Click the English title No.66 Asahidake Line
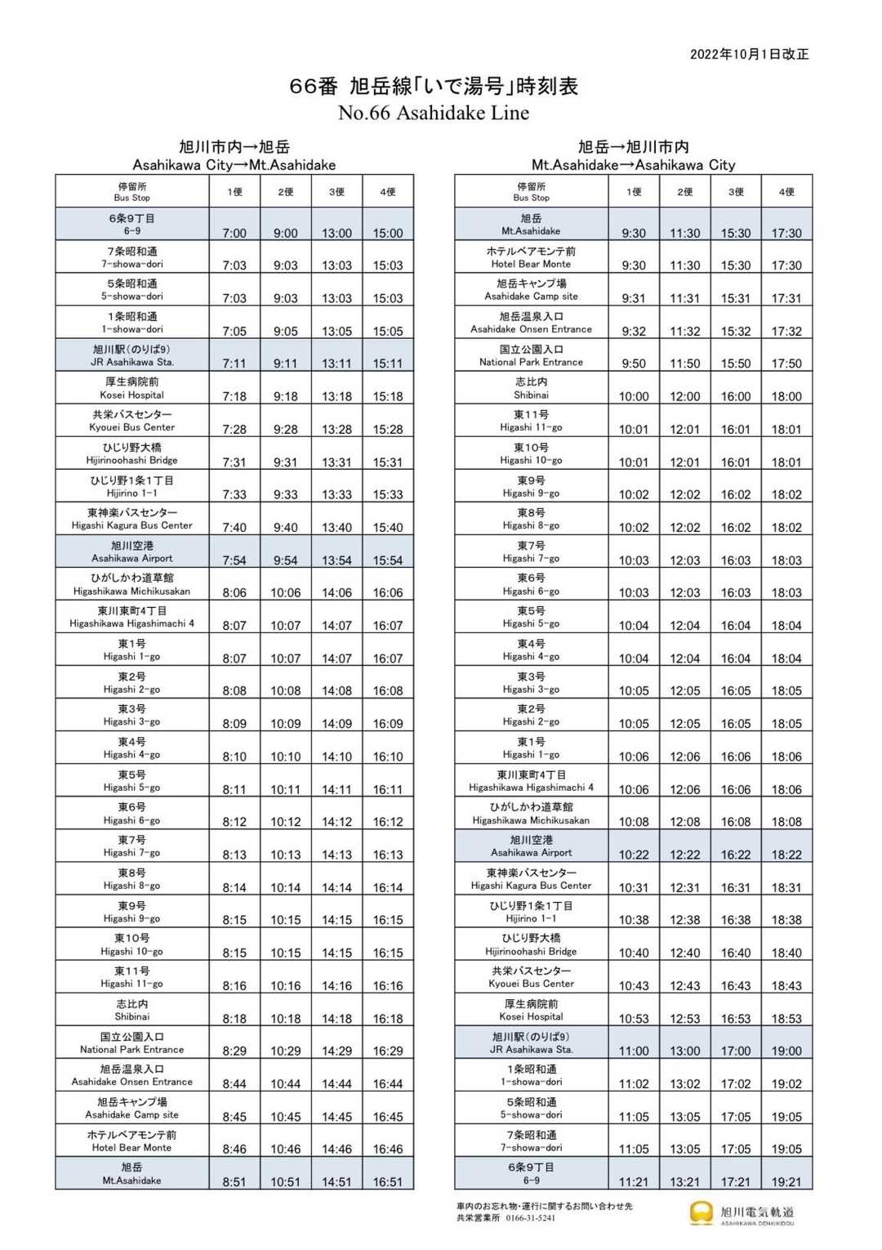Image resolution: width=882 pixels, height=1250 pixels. (x=434, y=113)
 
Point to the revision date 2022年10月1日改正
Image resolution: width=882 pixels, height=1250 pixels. (x=749, y=54)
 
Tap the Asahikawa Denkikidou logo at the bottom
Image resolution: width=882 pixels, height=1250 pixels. (x=742, y=1214)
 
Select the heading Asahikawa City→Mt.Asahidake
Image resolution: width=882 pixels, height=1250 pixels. (x=234, y=165)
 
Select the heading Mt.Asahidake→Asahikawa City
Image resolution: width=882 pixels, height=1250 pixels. (x=633, y=165)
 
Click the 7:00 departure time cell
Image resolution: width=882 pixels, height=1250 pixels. (x=234, y=233)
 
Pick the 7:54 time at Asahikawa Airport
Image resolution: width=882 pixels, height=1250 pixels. (x=234, y=560)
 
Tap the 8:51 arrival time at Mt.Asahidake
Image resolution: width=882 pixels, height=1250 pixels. (x=234, y=1182)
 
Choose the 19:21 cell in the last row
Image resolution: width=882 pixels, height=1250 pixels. (x=786, y=1182)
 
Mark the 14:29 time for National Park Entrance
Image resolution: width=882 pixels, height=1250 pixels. (x=336, y=1051)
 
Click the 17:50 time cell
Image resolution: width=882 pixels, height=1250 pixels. (x=786, y=364)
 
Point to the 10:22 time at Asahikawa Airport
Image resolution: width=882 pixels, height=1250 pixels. (x=634, y=855)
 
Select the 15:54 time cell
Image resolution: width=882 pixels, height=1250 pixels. (x=388, y=560)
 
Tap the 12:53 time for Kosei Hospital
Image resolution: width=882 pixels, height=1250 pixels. (x=685, y=1019)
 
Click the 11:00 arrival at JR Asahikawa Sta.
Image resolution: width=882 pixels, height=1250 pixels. (x=634, y=1051)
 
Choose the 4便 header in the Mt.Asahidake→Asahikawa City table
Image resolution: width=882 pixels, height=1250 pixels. (x=786, y=192)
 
